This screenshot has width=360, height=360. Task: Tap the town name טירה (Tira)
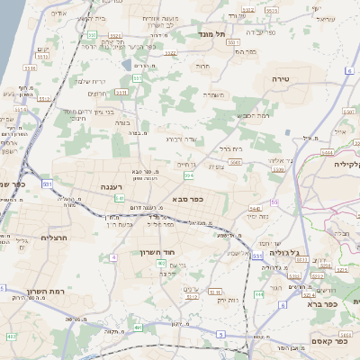tap(279, 79)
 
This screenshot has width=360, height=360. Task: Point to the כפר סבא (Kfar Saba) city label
tap(186, 200)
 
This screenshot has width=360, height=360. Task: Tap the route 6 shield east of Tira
tap(347, 69)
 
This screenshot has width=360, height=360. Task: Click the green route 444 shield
tap(258, 293)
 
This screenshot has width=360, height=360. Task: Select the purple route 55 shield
tap(273, 202)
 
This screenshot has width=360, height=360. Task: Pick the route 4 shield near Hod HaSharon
tap(114, 257)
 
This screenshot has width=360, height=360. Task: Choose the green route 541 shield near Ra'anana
tap(119, 198)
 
